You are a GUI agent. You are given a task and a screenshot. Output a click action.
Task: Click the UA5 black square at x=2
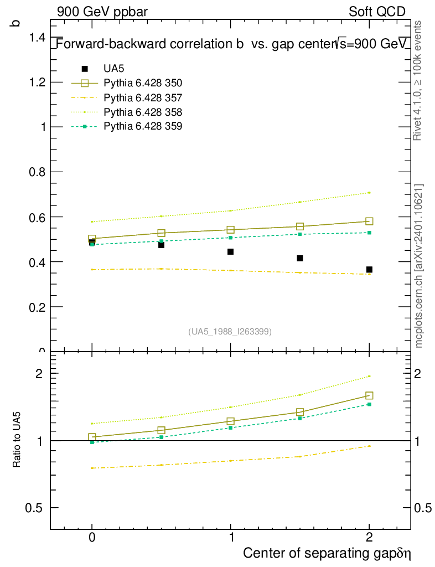click(369, 270)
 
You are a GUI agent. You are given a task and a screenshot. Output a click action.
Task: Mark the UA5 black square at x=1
click(231, 252)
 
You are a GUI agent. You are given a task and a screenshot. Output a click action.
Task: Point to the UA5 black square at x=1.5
click(300, 259)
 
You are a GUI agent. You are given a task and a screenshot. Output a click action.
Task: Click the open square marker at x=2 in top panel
click(369, 221)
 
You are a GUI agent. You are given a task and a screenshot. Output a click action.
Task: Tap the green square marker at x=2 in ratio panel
click(369, 405)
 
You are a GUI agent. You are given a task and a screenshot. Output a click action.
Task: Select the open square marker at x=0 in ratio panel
click(92, 437)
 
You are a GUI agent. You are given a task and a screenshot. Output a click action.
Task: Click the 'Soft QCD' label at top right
click(377, 12)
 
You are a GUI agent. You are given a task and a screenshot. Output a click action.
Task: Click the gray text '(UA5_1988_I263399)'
click(230, 332)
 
